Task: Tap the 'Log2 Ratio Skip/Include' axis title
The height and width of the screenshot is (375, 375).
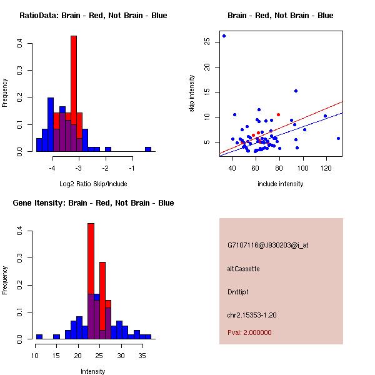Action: [x=93, y=184]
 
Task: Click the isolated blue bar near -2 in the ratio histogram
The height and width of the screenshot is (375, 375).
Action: [x=108, y=149]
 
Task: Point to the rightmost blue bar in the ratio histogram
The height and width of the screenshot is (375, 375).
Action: [x=148, y=149]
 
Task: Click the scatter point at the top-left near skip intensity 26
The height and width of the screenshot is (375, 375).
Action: [x=224, y=36]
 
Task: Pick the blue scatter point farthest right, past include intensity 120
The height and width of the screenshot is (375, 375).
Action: [x=338, y=138]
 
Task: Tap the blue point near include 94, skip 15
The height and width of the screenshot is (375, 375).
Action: [x=296, y=91]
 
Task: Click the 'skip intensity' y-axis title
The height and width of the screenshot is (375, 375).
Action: [x=192, y=94]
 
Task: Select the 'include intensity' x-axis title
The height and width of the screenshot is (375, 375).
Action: [x=281, y=184]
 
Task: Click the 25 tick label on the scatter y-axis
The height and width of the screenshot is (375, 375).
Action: [x=207, y=42]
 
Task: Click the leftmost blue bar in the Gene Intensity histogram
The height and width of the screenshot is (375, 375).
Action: [x=39, y=336]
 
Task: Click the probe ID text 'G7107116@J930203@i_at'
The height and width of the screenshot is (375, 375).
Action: [x=267, y=245]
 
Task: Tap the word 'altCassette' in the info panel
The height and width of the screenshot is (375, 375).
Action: [x=243, y=269]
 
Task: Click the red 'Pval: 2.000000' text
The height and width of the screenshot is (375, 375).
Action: [x=249, y=332]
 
